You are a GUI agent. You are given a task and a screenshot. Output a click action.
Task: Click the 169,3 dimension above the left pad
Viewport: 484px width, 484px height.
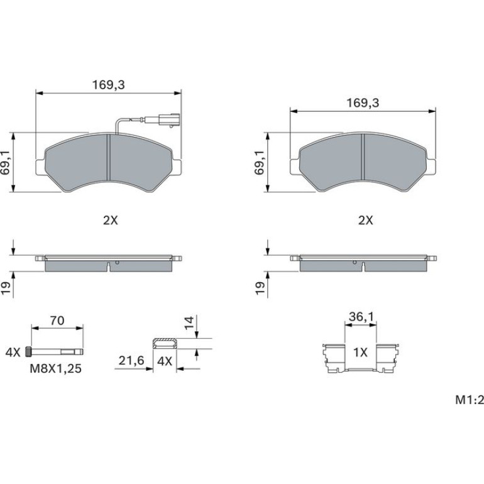click(108, 85)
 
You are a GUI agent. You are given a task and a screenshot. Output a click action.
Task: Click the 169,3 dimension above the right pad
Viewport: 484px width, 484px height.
click(363, 103)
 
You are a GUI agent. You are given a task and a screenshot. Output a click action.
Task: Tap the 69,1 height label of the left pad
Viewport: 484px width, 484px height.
click(6, 163)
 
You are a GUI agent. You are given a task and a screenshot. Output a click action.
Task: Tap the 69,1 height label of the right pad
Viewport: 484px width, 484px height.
click(260, 163)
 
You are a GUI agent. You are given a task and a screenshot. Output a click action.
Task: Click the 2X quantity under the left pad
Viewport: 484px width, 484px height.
click(110, 221)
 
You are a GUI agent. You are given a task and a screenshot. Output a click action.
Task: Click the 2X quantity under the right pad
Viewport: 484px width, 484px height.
click(365, 221)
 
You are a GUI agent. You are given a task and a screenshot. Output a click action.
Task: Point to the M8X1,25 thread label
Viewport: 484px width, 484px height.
click(55, 368)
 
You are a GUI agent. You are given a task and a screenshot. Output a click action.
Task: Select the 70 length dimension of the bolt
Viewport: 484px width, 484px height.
click(57, 321)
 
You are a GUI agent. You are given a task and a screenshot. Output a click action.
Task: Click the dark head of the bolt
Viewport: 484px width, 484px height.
click(28, 351)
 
